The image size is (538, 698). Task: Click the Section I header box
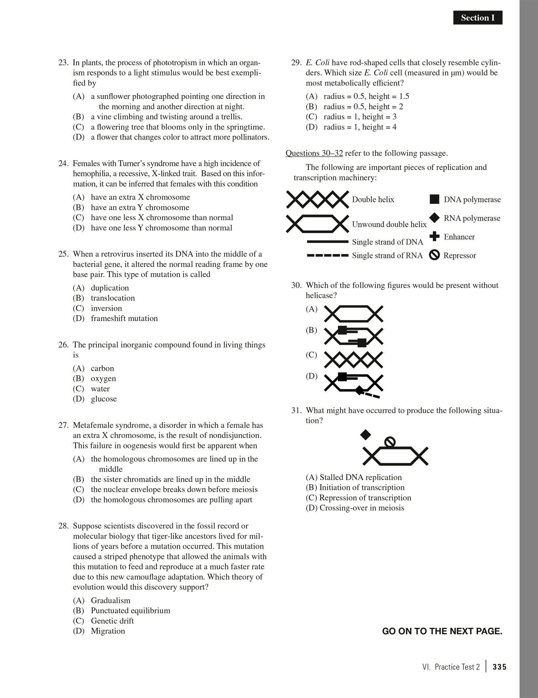[477, 18]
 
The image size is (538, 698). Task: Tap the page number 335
[499, 667]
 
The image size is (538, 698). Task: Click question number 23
[63, 63]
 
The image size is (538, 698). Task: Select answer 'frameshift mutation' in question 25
[124, 318]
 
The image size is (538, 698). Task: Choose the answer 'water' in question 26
[100, 389]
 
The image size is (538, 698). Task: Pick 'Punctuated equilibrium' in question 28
[130, 610]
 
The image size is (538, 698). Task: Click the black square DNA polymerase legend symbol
[434, 199]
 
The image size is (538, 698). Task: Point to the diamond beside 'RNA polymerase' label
[434, 218]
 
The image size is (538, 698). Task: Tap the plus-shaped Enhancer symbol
[434, 236]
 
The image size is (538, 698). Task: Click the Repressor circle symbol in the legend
[434, 255]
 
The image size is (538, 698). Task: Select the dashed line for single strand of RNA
[327, 255]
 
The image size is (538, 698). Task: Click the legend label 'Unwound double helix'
[389, 224]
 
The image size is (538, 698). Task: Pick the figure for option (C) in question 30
[353, 360]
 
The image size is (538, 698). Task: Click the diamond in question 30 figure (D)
[359, 390]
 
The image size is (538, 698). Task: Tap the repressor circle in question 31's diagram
[389, 442]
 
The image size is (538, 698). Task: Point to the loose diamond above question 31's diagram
[366, 435]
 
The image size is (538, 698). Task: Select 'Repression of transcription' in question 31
[365, 497]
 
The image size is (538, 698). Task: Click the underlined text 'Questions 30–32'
[314, 153]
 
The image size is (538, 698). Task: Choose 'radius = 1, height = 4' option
[360, 127]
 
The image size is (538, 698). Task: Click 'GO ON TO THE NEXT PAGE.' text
[442, 631]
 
